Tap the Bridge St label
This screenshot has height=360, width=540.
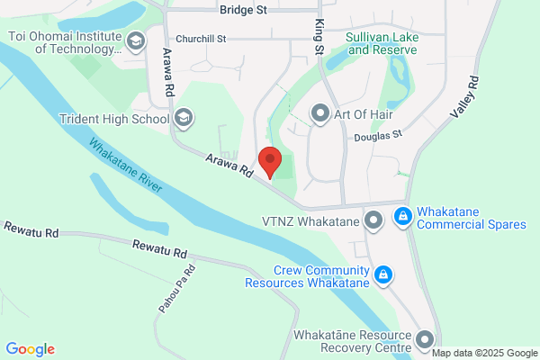(243, 10)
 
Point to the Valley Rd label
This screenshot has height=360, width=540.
(466, 97)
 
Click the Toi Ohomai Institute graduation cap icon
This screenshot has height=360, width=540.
(136, 40)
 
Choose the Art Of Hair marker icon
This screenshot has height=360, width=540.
(319, 112)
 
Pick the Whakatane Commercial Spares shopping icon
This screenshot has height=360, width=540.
(402, 217)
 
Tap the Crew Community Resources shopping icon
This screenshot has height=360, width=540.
(383, 274)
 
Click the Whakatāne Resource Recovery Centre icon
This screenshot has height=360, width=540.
(425, 340)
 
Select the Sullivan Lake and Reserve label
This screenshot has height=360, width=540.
(382, 43)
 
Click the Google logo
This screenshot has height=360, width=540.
(30, 349)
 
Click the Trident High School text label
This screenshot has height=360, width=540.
(114, 119)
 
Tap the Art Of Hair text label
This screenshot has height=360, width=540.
(369, 112)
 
